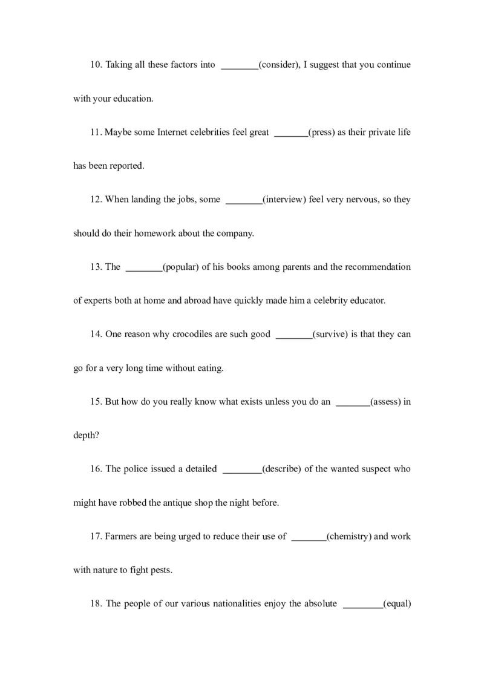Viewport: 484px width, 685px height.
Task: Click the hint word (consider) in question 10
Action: pos(279,65)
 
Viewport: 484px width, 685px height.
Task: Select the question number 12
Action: pos(97,200)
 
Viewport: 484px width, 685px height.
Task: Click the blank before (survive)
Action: pos(293,336)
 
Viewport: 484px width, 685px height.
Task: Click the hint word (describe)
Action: pos(281,469)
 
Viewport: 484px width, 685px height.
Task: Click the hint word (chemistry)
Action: pos(349,536)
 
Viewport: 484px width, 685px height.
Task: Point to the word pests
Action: pos(161,570)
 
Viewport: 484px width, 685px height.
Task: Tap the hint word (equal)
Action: pos(397,603)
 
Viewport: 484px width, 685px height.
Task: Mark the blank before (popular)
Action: pos(143,269)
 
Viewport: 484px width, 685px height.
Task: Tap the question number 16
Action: pos(97,469)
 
